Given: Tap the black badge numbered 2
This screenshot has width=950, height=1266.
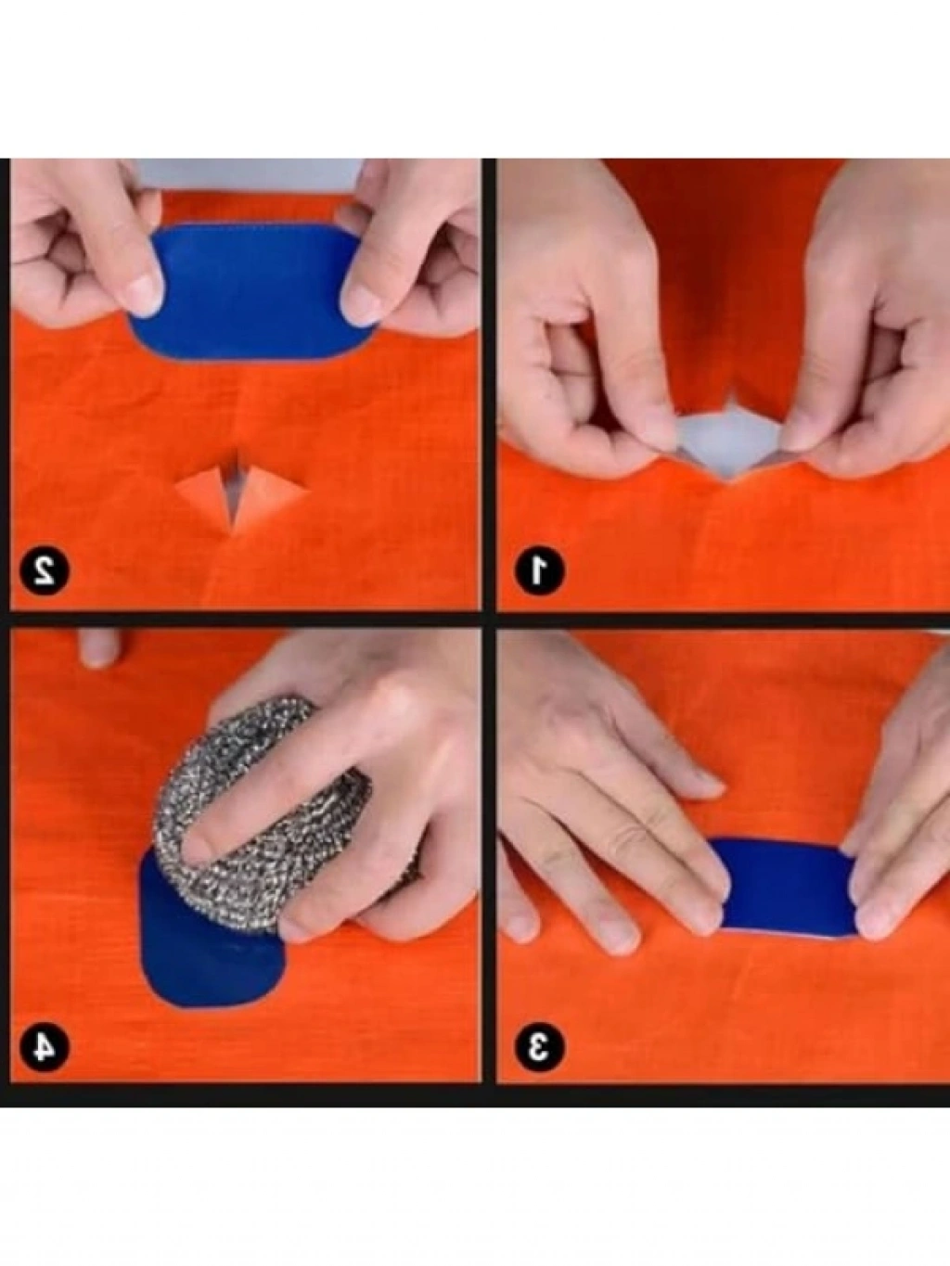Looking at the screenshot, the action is point(45,569).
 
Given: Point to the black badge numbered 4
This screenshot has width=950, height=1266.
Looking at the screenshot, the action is point(45,1045).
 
